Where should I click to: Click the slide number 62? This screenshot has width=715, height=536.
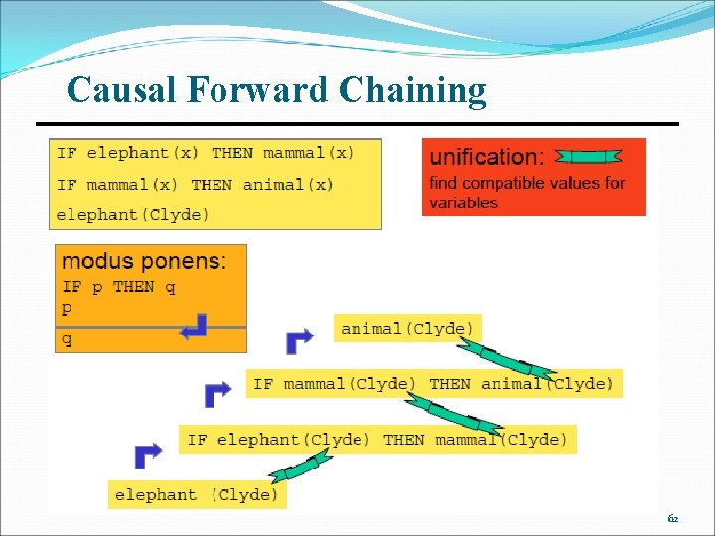pos(673,519)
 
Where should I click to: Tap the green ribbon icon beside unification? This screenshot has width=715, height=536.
pos(588,156)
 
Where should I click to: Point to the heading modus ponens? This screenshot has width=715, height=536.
pos(144,262)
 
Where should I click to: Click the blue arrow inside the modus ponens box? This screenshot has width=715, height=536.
pos(194,327)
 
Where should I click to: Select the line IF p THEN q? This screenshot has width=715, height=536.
pos(119,287)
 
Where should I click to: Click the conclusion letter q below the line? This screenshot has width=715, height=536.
pos(68,339)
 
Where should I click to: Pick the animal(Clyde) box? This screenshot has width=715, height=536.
pos(407,328)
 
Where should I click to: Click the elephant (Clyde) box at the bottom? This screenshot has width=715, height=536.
pos(197,494)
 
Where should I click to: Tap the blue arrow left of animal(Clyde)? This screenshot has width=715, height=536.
pos(299,340)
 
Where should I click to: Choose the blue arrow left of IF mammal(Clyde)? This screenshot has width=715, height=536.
pos(217,394)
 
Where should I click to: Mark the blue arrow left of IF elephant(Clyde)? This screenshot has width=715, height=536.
pos(148,455)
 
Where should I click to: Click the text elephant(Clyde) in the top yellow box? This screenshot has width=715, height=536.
pos(133,214)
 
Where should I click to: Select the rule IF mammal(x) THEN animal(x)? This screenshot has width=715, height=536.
pos(195,184)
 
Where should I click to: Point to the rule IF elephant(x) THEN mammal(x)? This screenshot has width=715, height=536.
pos(206,153)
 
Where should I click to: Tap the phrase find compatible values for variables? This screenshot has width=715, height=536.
pos(526,193)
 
